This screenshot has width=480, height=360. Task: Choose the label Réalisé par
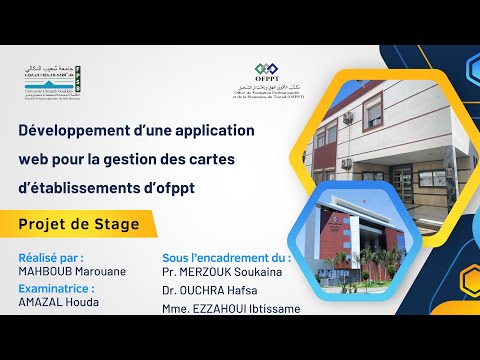[58, 257]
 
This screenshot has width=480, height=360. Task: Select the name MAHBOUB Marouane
[73, 272]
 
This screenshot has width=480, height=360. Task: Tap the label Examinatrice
[64, 287]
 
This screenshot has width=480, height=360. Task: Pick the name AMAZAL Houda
[59, 302]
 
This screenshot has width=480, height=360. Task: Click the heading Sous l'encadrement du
[226, 257]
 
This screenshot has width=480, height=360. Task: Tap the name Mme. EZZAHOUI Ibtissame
[231, 308]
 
